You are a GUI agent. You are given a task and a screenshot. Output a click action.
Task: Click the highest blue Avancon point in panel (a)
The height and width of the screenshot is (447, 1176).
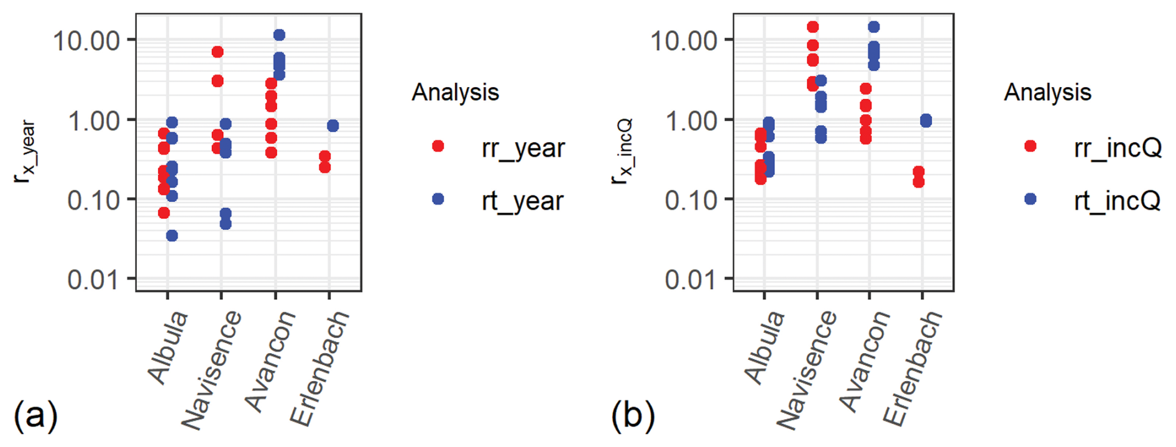279,35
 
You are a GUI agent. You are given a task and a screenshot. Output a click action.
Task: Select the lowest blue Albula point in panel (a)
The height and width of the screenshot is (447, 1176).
172,236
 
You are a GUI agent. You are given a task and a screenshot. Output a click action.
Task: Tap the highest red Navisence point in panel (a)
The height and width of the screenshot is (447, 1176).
218,52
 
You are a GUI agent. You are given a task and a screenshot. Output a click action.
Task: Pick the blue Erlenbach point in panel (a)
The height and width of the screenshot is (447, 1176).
333,126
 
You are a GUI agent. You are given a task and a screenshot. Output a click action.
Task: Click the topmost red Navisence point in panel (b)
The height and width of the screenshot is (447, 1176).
813,27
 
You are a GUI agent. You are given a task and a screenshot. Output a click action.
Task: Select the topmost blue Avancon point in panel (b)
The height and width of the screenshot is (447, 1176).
874,27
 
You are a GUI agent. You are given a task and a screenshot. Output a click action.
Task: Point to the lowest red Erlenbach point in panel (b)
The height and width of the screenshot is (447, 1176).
919,182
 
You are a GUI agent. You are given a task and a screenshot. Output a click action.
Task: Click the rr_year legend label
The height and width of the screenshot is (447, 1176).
523,148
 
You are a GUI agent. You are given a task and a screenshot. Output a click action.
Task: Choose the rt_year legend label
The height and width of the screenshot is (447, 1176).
522,201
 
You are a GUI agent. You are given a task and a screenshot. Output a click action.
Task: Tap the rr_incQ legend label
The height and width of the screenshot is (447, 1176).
1117,148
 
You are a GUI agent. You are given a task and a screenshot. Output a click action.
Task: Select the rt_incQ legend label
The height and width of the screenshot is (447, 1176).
1116,201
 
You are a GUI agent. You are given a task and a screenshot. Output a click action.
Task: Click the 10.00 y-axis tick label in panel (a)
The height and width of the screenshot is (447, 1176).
86,41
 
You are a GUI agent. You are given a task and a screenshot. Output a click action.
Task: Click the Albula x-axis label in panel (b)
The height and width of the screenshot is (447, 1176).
765,348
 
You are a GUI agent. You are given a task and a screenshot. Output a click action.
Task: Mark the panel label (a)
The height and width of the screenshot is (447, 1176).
35,415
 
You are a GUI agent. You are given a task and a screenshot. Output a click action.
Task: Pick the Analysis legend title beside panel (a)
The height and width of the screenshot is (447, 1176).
455,92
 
